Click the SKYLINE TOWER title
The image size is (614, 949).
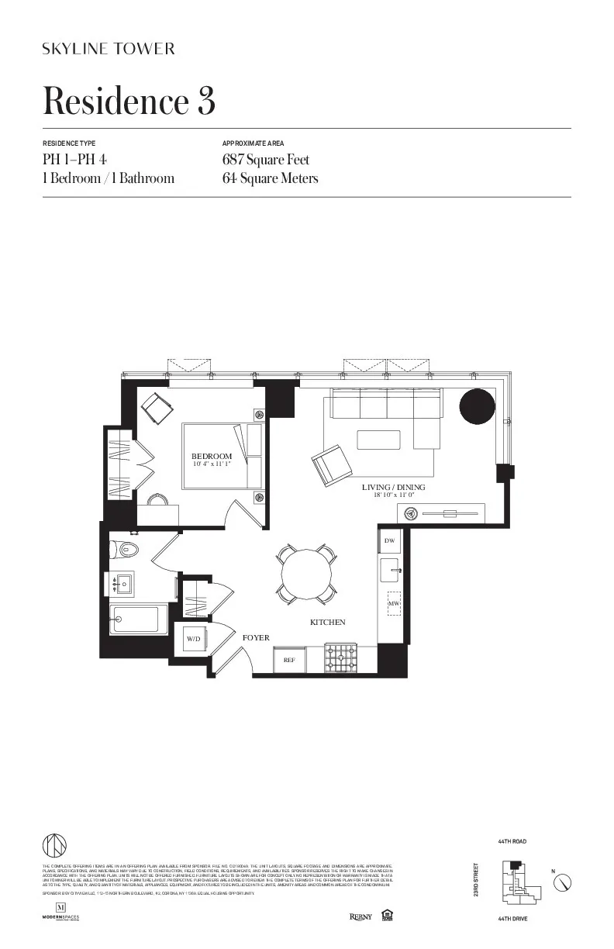pos(109,49)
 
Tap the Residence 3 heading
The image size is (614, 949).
pos(128,102)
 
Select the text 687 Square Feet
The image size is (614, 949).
pos(265,160)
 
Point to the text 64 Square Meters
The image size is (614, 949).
pos(270,178)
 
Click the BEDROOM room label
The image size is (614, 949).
pos(212,456)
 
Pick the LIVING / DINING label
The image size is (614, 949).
pos(393,488)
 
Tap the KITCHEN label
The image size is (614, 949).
pos(328,623)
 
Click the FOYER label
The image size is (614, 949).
pos(256,638)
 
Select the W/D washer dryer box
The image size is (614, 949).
pos(192,639)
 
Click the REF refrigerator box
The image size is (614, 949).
pos(289,660)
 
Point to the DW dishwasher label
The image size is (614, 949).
pos(389,540)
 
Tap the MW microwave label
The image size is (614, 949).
pos(393,602)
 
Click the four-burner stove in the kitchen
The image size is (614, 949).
pos(340,659)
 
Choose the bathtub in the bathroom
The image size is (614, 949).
pos(137,619)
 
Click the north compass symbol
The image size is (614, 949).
pos(564,882)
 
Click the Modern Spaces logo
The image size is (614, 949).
pos(60,912)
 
